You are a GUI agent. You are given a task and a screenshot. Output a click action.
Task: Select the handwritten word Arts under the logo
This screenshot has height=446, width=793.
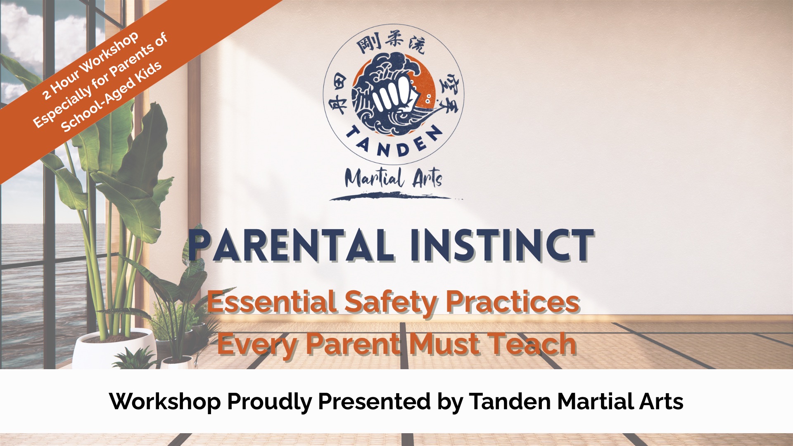[x=427, y=178]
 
